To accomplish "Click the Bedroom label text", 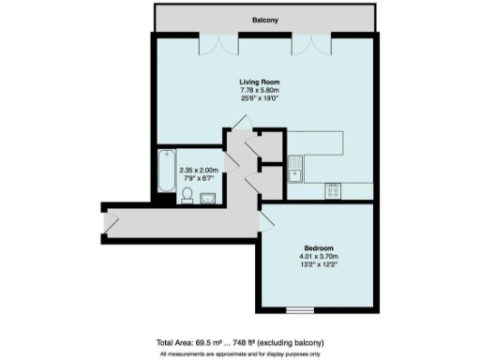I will pyautogui.click(x=319, y=247).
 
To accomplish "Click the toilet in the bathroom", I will pyautogui.click(x=187, y=195).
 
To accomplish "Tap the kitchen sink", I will pyautogui.click(x=296, y=170).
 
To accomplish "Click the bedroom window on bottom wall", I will pyautogui.click(x=299, y=310).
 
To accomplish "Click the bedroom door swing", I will pyautogui.click(x=267, y=221).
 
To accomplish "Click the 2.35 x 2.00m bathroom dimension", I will pyautogui.click(x=198, y=170).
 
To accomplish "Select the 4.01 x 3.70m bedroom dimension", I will pyautogui.click(x=319, y=256).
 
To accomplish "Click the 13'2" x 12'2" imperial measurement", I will pyautogui.click(x=319, y=264).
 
